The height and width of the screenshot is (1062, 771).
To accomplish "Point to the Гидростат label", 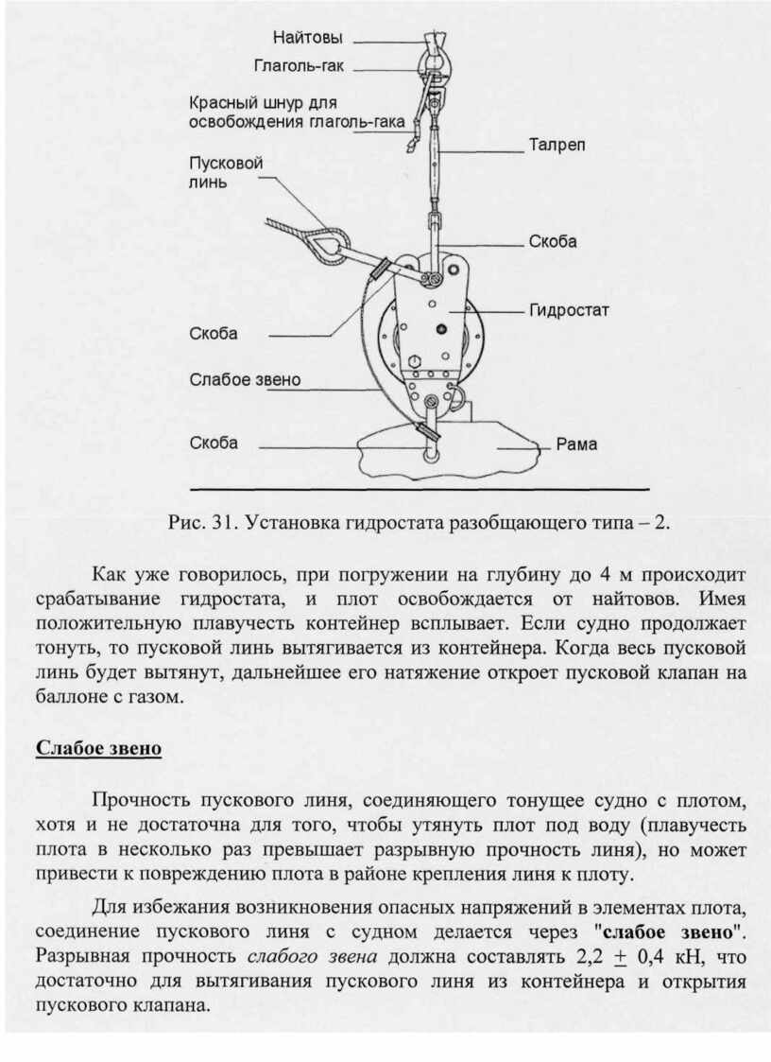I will coord(570,309).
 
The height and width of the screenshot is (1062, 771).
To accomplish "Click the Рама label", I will coord(576,444).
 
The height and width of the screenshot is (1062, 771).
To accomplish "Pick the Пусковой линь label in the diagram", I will coord(227,172).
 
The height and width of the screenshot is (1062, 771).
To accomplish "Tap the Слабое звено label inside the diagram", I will coord(245,380).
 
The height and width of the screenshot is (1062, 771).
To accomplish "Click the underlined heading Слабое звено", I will coord(98,749).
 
